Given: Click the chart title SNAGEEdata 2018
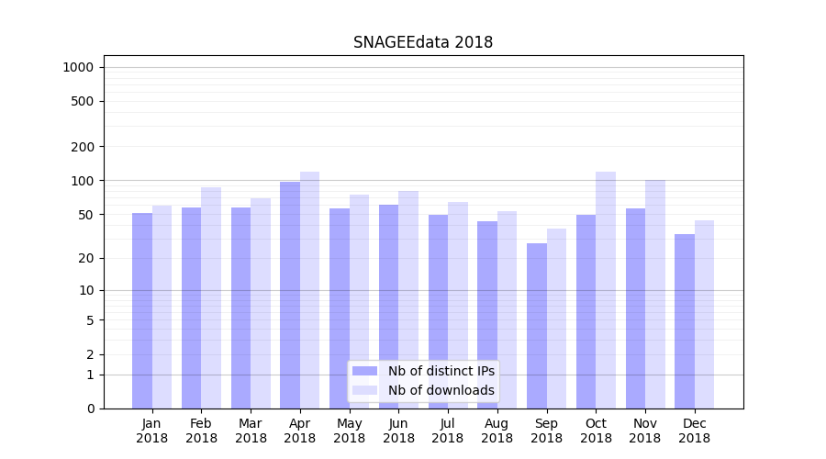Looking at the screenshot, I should pyautogui.click(x=423, y=42).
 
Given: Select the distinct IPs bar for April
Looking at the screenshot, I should pyautogui.click(x=290, y=294).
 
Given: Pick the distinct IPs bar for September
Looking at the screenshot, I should pyautogui.click(x=537, y=326).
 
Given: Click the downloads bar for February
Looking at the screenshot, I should pyautogui.click(x=211, y=297).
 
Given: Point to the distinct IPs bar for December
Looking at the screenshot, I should pyautogui.click(x=685, y=321).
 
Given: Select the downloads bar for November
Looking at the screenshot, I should pyautogui.click(x=654, y=294).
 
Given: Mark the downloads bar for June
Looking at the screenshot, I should pyautogui.click(x=408, y=299).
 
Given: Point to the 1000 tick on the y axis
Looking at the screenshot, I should pyautogui.click(x=78, y=67).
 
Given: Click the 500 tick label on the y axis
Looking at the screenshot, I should pyautogui.click(x=83, y=101).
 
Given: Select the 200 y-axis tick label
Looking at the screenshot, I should pyautogui.click(x=83, y=147).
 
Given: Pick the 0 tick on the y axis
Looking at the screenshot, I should pyautogui.click(x=90, y=409).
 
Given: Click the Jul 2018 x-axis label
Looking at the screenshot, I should pyautogui.click(x=448, y=431).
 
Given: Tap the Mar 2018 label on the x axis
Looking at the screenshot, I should pyautogui.click(x=251, y=431).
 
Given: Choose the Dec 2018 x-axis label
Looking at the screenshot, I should pyautogui.click(x=694, y=431).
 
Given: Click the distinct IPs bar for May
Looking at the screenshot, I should pyautogui.click(x=340, y=308).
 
